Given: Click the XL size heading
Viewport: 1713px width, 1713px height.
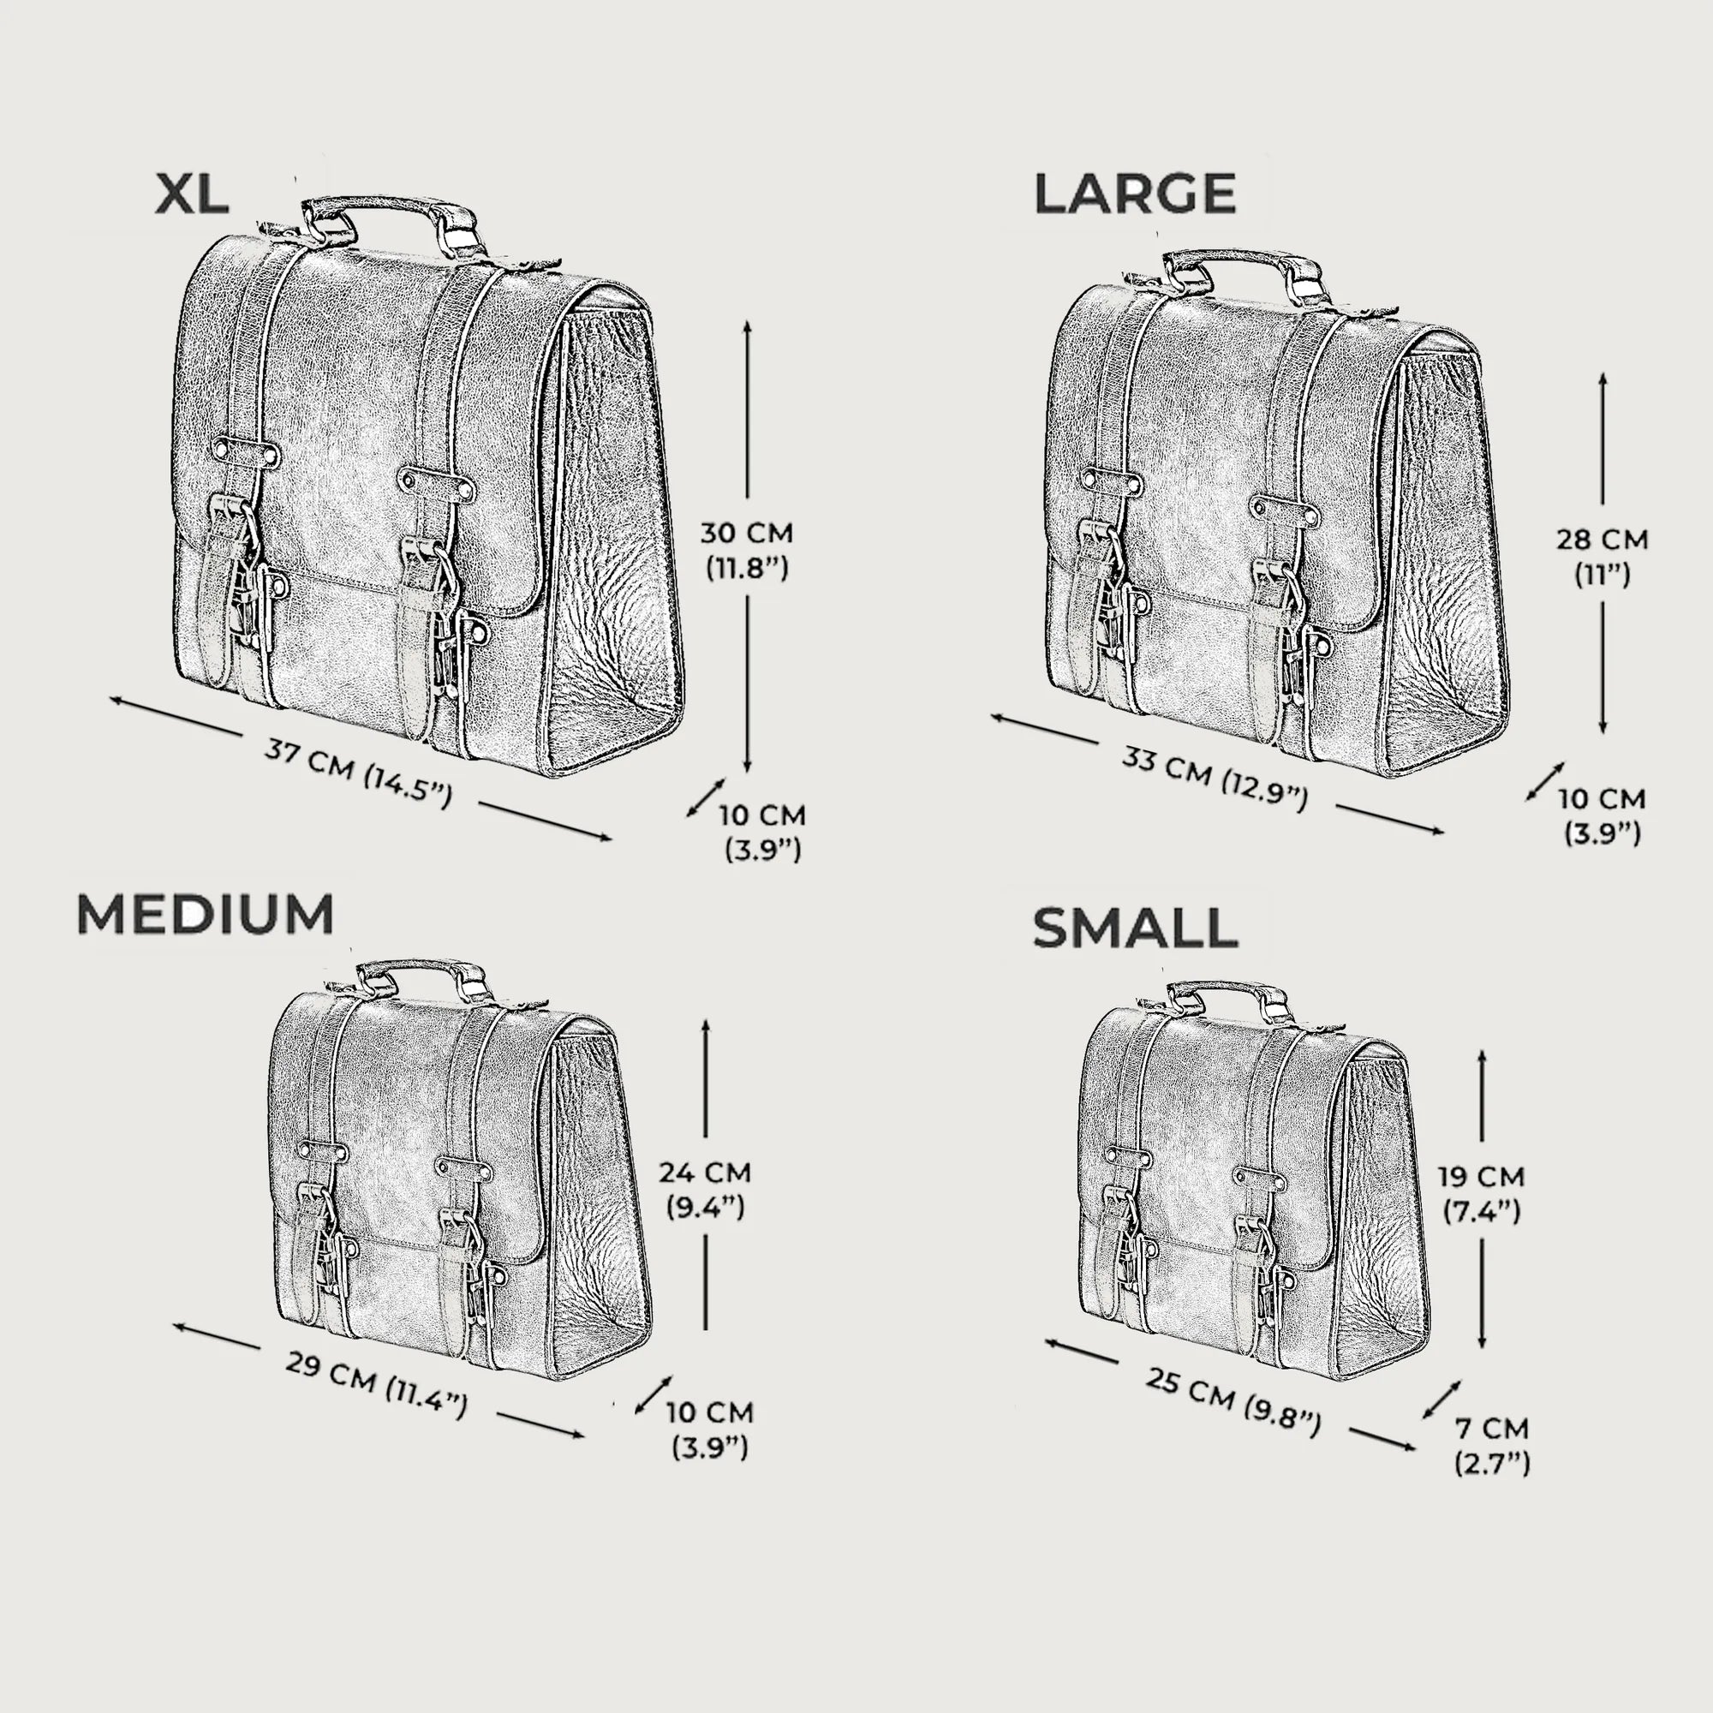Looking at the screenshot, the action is coord(192,194).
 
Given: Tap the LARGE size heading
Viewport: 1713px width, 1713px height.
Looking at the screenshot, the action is coord(1135,194).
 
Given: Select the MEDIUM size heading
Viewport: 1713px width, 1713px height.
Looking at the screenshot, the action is coord(205,914).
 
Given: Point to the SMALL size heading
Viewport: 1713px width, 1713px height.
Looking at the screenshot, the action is coord(1135,928).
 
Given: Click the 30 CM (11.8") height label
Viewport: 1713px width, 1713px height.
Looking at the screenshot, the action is coord(747,550).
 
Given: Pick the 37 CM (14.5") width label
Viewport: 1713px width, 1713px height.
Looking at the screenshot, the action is coord(358,773).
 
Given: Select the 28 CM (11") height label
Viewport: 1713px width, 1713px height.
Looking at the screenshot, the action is coord(1603,557).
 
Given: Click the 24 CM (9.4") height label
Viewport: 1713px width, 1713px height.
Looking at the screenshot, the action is coord(705,1190).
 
